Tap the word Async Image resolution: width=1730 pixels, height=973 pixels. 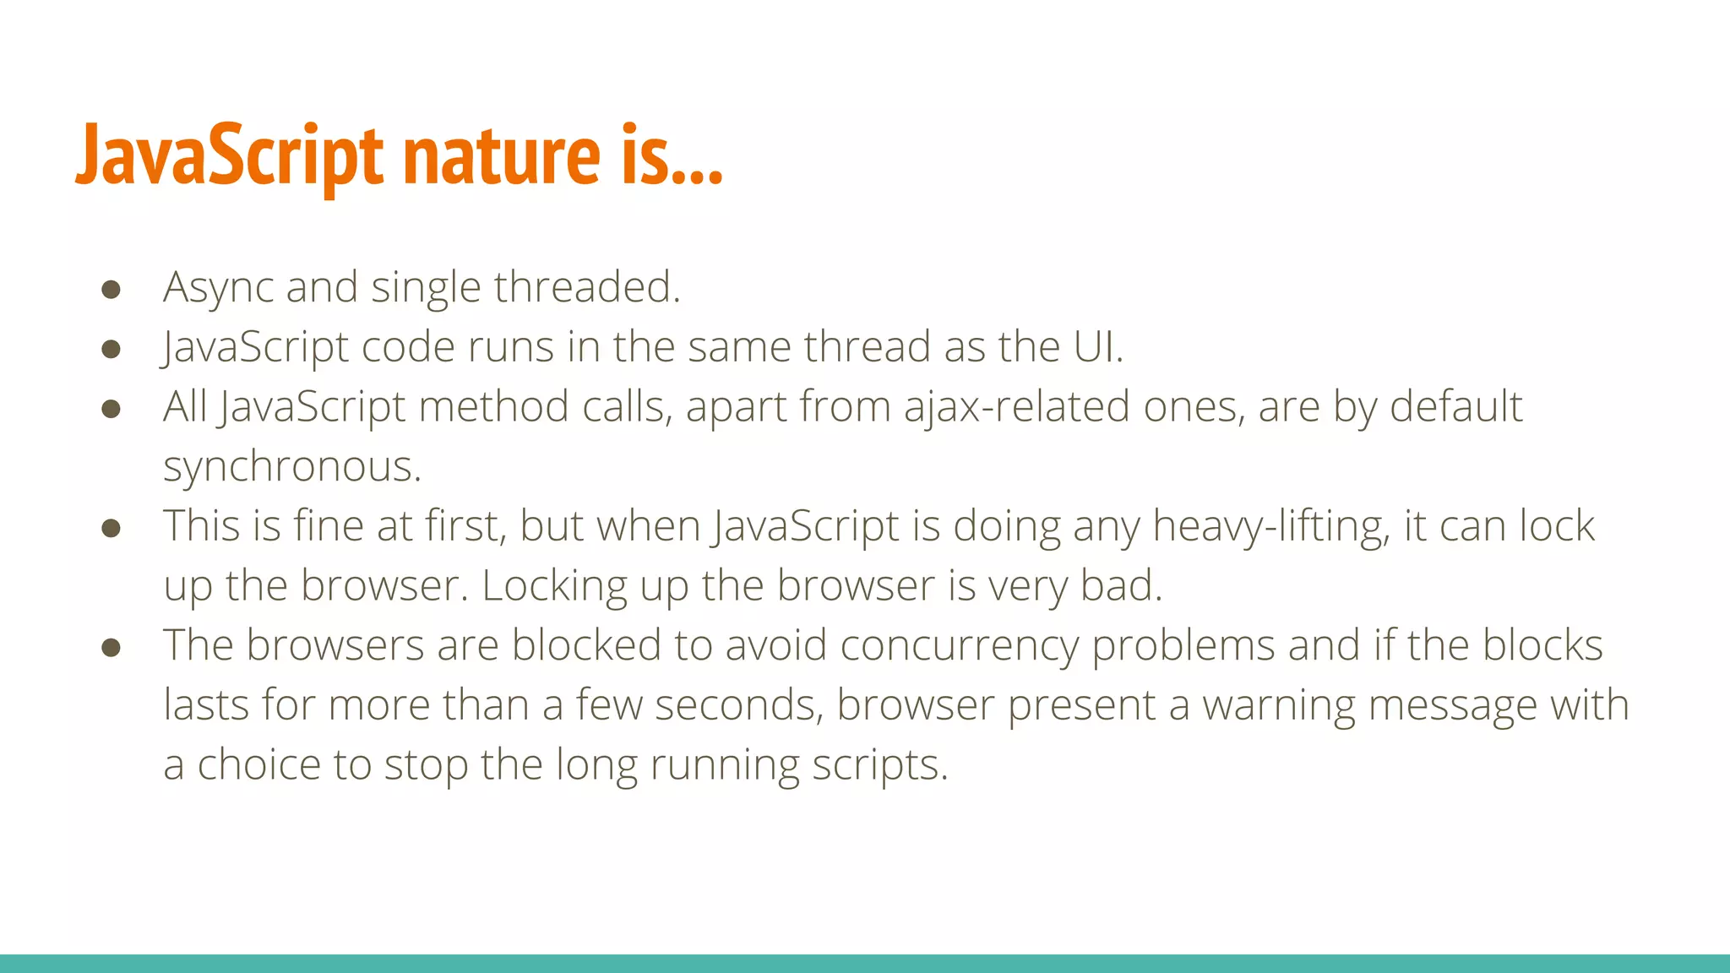coord(218,288)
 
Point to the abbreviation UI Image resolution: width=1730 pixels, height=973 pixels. coord(1097,347)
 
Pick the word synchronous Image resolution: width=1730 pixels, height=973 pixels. coord(291,467)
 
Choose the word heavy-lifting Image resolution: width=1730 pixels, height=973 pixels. coord(1270,527)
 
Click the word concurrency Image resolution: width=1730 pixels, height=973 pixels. coord(959,646)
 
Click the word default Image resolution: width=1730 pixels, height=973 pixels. coord(1455,407)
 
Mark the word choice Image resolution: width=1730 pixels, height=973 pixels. coord(258,765)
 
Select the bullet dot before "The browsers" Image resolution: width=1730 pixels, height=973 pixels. coord(111,648)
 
